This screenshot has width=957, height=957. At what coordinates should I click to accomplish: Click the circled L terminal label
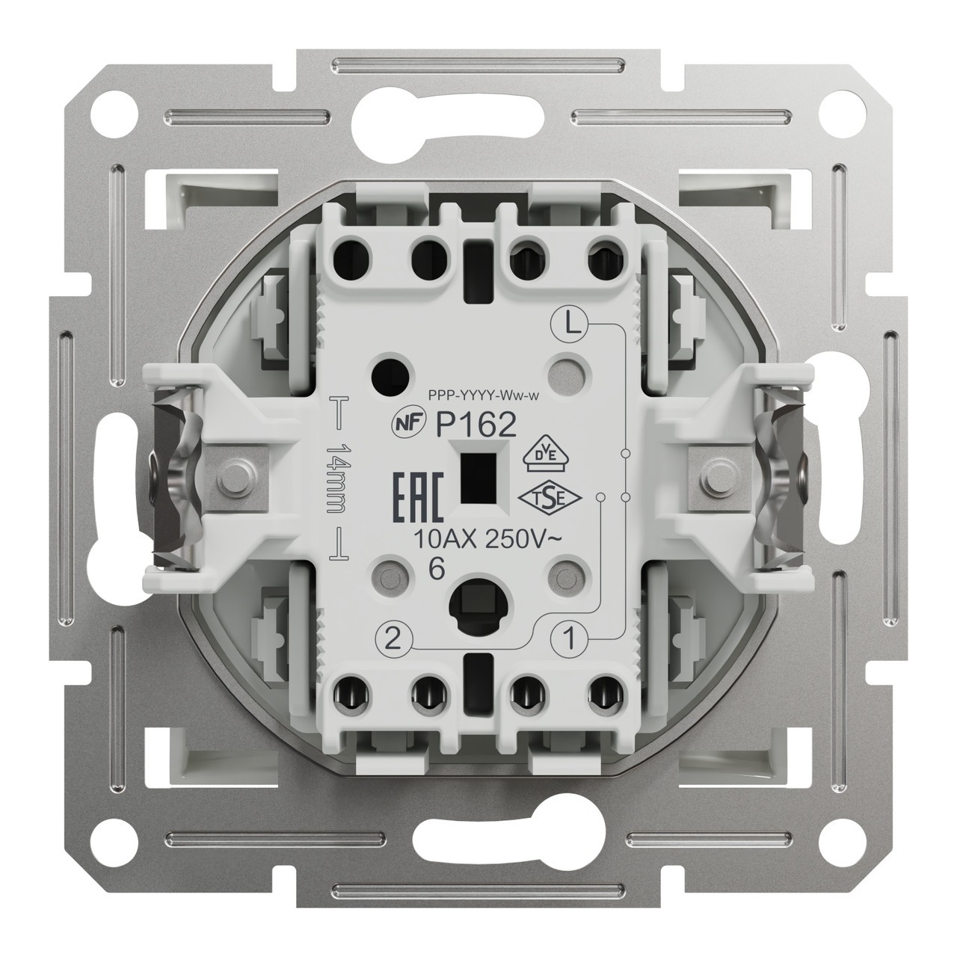click(569, 326)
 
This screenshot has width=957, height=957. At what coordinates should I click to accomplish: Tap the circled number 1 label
click(570, 638)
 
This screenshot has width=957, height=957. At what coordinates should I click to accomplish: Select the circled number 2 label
click(393, 638)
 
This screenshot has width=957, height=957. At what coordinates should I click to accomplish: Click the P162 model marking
click(476, 425)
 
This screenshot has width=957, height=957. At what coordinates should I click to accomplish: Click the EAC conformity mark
click(417, 499)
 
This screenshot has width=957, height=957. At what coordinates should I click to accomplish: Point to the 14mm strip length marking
click(336, 478)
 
